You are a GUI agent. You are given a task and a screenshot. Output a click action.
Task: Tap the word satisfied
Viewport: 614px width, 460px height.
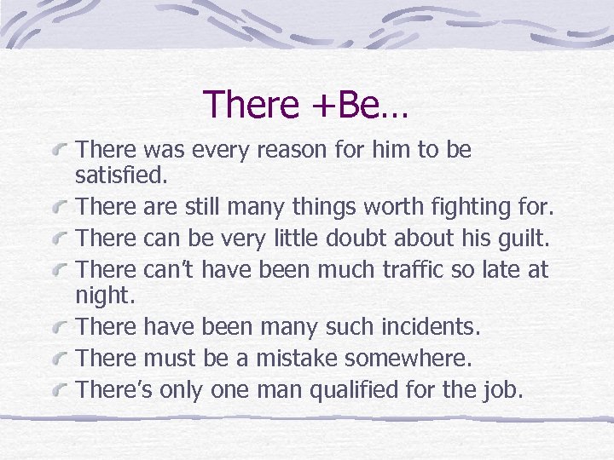(122, 178)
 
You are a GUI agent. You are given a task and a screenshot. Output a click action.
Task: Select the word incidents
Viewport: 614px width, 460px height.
(426, 326)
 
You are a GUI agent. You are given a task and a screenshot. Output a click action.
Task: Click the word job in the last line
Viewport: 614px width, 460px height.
(509, 389)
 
